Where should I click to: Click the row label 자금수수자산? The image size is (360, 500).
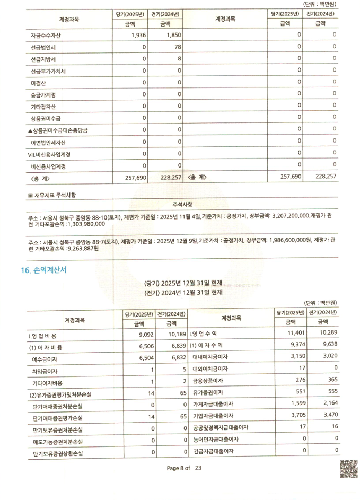point(46,36)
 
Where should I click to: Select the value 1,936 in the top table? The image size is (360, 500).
point(137,36)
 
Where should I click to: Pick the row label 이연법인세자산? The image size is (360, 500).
point(48,142)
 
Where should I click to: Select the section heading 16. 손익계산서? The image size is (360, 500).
point(43,270)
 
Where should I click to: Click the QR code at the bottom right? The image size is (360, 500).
point(348,468)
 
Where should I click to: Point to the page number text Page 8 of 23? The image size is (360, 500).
point(185,468)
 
